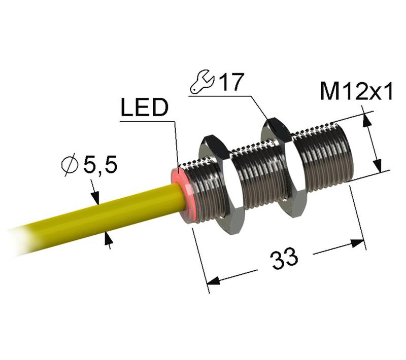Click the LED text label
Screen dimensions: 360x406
pos(144,108)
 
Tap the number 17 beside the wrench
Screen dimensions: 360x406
pos(231,83)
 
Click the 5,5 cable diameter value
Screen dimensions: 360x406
pos(100,165)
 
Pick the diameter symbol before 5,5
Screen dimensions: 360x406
pos(69,165)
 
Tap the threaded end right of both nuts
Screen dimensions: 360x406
pos(325,152)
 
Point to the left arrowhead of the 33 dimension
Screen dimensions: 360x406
pos(214,280)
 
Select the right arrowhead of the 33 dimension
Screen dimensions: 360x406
pos(359,243)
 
